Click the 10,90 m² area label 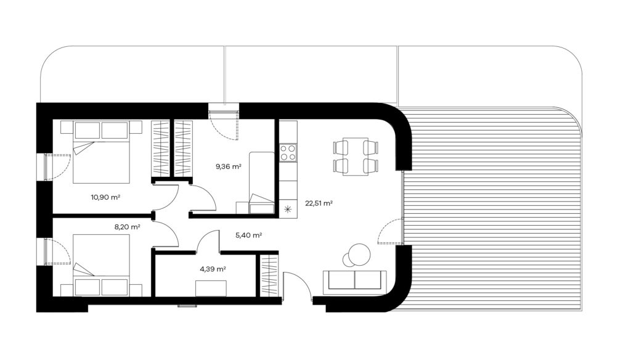(x=105, y=197)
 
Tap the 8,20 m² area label (x=127, y=227)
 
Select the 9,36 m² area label (x=229, y=166)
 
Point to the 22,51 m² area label (x=319, y=203)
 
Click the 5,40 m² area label (x=249, y=235)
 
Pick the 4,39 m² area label (x=213, y=269)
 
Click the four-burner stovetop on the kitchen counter (x=288, y=153)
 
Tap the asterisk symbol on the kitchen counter (x=288, y=209)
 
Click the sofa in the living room (x=354, y=280)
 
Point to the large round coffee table (x=359, y=255)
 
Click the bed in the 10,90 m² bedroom (x=102, y=152)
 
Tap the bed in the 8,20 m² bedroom (x=102, y=265)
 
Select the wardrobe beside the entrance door (x=268, y=276)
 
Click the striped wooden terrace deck (x=492, y=210)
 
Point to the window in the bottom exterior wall (x=187, y=306)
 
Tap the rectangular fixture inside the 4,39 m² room (x=211, y=288)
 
